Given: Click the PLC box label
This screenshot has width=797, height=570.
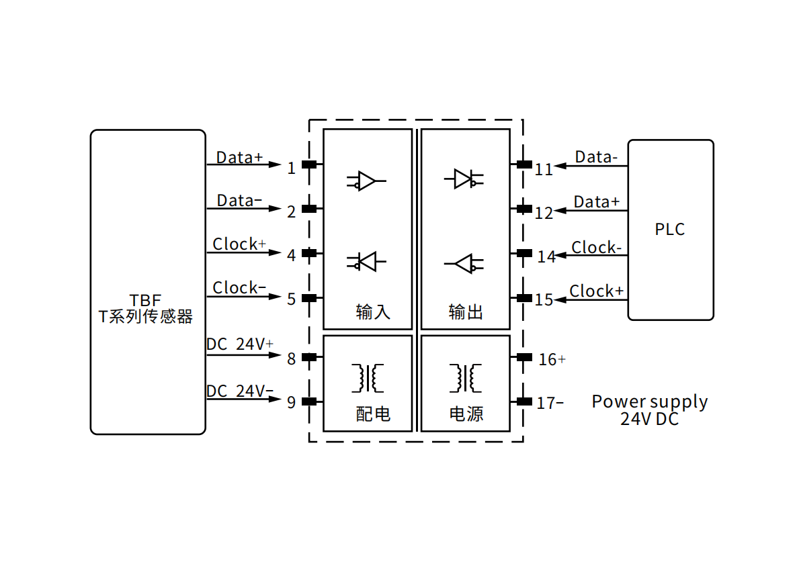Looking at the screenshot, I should [669, 230].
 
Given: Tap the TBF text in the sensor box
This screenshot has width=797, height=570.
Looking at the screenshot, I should [146, 300].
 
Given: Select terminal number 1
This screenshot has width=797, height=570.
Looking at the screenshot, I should [291, 168].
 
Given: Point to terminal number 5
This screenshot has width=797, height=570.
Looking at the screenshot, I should [291, 299].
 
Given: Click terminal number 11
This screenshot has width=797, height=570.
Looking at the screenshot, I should [544, 169].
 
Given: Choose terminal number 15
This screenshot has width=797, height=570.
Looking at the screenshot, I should [544, 299].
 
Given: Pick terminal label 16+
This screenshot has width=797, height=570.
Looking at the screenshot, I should [552, 359].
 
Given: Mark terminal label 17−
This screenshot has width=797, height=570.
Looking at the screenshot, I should [550, 403].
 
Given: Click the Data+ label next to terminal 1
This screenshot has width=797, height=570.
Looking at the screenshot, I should [239, 158].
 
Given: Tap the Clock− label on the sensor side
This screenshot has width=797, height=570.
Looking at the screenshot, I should [239, 288].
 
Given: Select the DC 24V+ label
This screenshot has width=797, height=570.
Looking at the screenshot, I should [240, 344].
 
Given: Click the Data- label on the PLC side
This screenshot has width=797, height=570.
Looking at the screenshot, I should [596, 158].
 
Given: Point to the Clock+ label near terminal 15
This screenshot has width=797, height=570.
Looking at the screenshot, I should [596, 291].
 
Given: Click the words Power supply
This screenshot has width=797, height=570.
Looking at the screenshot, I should [649, 401].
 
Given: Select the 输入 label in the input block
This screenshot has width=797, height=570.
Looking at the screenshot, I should [373, 312].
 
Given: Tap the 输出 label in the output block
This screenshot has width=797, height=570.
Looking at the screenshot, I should [466, 312].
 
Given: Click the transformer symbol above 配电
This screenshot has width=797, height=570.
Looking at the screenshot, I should [367, 378].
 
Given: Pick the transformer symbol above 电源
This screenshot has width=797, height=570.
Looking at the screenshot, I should [465, 378].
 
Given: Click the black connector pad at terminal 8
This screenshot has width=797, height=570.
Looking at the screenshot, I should [309, 358].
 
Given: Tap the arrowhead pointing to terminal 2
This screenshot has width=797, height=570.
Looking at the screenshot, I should [274, 209].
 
